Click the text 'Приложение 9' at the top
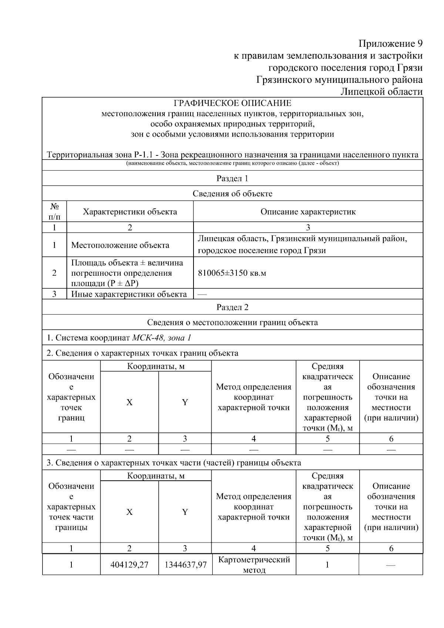(x=390, y=44)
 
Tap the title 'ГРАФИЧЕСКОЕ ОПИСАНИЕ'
(x=232, y=103)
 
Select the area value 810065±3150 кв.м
(x=232, y=273)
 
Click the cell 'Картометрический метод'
(x=254, y=564)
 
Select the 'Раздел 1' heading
(x=232, y=178)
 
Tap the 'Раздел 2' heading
(x=232, y=307)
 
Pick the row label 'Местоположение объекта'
(x=120, y=245)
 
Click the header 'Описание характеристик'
(x=308, y=212)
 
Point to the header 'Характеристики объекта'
(x=130, y=212)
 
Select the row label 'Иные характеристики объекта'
(x=129, y=294)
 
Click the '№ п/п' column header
(x=54, y=211)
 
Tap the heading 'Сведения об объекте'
(x=232, y=194)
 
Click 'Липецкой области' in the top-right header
(x=381, y=91)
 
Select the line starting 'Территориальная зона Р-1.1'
(x=232, y=155)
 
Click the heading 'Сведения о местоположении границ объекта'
(x=232, y=322)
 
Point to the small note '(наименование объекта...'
(x=232, y=163)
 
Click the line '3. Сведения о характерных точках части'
(x=174, y=463)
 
